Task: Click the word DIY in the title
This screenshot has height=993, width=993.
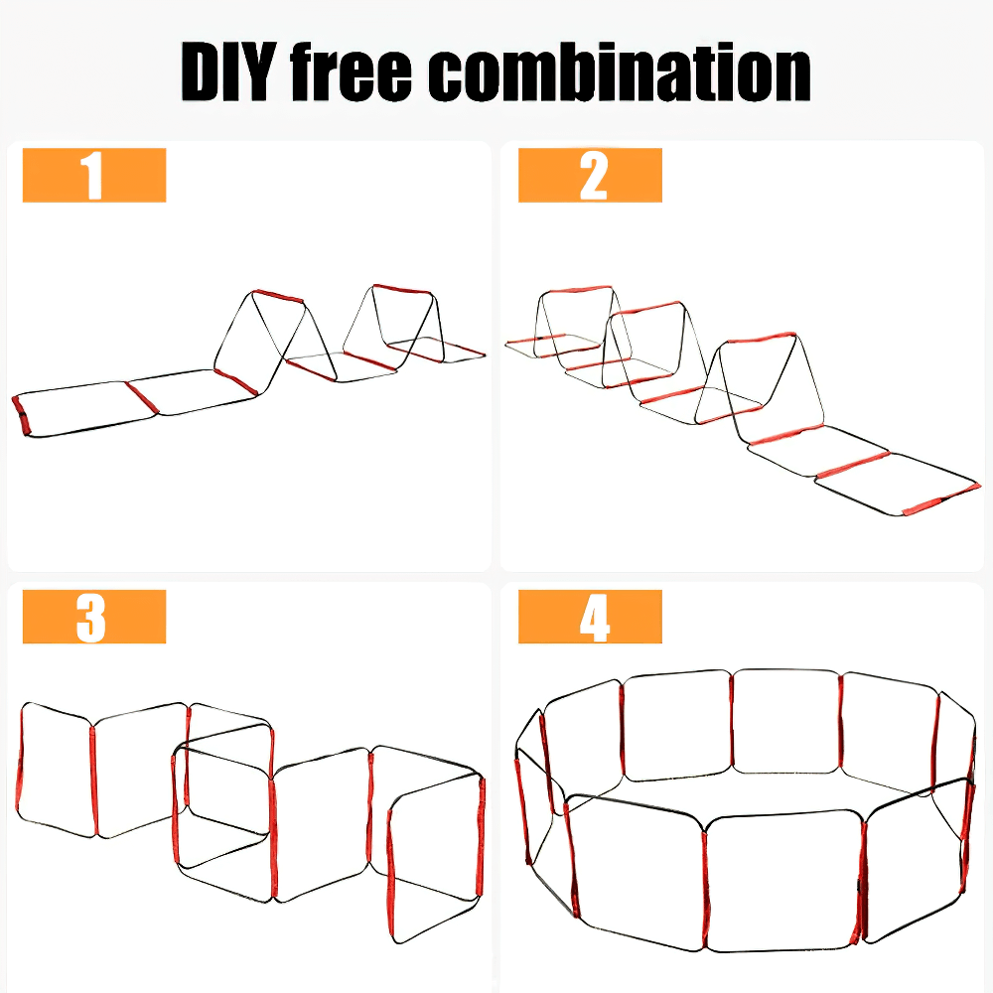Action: (x=228, y=71)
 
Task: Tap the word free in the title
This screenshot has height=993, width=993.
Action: (x=351, y=71)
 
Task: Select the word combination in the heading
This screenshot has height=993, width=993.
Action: (x=620, y=71)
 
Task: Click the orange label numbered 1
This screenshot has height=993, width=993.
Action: (x=94, y=175)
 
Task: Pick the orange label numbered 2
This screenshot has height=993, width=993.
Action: (x=590, y=175)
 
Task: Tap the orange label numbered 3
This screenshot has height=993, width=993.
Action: (x=94, y=617)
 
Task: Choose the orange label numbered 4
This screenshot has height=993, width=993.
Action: (x=590, y=617)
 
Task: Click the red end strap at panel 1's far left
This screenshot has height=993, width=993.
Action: (x=21, y=415)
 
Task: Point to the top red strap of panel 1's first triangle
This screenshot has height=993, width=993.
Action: (x=278, y=296)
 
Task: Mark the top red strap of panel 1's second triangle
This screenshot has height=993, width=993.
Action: (x=402, y=289)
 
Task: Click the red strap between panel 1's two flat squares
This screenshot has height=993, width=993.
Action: (x=141, y=398)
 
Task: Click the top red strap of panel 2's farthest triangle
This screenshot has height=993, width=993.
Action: (x=576, y=290)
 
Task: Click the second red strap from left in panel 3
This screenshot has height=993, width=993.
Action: (x=93, y=780)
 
